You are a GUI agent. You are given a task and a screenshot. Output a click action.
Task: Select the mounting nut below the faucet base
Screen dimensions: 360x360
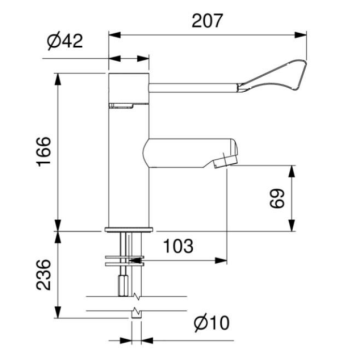[x=127, y=263]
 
